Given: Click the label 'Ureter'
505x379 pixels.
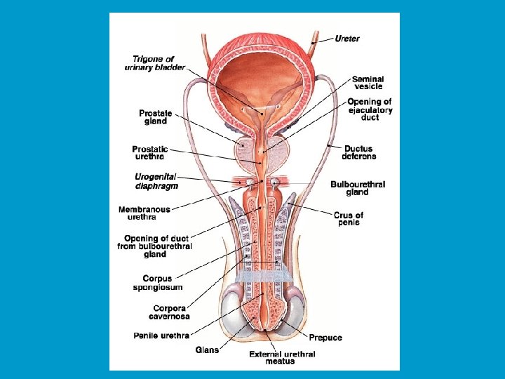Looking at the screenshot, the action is click(x=347, y=39).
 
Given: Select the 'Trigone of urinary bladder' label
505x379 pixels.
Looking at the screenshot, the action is click(x=155, y=63).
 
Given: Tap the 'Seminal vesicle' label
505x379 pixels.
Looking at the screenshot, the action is click(x=368, y=83).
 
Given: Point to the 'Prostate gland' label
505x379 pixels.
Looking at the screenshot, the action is click(x=156, y=117).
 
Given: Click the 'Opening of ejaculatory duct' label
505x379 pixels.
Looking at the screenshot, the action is click(x=370, y=109).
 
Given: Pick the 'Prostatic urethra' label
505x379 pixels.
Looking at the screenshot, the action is click(x=149, y=153).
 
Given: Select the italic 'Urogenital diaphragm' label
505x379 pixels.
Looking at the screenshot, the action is click(x=156, y=181).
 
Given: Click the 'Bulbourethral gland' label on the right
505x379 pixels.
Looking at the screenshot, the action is click(x=358, y=188).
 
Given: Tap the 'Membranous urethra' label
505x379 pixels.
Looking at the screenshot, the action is click(x=144, y=213).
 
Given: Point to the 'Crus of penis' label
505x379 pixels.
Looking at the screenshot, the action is click(x=349, y=219).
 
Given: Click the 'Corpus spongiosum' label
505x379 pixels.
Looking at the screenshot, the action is click(x=158, y=283).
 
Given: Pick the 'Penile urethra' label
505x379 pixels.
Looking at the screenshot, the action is click(x=161, y=335).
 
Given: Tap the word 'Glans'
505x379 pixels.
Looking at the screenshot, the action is click(x=207, y=350).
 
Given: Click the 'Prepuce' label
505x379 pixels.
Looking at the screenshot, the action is click(x=325, y=338).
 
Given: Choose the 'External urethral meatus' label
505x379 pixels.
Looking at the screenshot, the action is click(x=282, y=358).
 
